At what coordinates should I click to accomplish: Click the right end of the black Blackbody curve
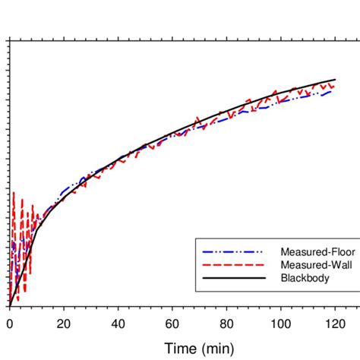335,79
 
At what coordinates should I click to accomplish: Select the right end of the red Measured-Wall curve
334,85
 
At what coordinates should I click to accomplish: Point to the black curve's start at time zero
9,306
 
